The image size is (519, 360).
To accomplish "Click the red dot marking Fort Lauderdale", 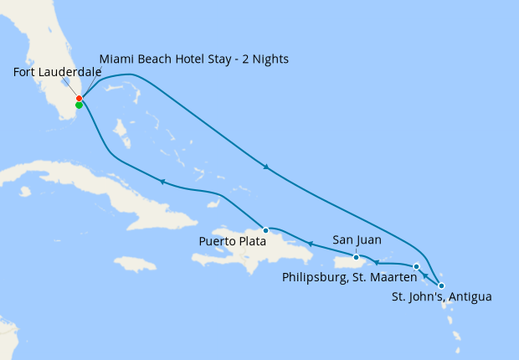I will point(79,99).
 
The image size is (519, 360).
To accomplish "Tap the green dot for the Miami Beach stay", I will point(79,105).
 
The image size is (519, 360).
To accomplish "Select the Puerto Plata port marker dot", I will point(265,229).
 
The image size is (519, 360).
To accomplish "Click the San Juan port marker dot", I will point(356,257).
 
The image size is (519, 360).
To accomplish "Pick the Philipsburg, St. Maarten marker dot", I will point(416,267).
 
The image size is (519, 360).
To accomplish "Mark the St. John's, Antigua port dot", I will point(441,286).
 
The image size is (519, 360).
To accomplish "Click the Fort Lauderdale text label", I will point(58,72).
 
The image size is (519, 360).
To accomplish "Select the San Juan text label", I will point(357,240).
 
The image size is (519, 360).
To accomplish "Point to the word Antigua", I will point(470,297).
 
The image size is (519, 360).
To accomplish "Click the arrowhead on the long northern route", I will point(266,167).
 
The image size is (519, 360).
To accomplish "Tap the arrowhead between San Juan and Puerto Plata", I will point(309,244).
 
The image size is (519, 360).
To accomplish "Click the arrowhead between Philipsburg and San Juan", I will point(377,262).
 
